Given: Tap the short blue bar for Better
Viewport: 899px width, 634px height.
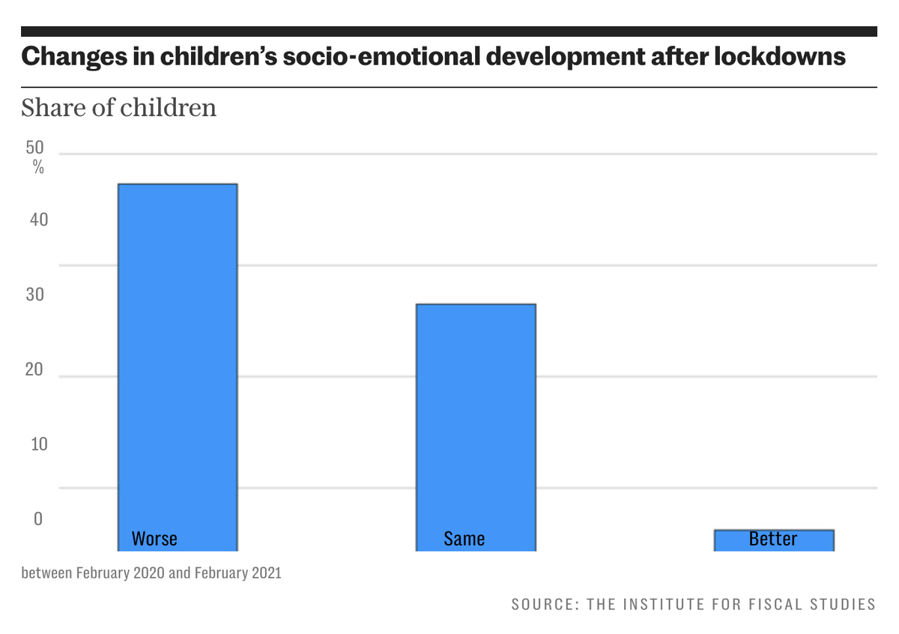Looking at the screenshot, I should click(x=773, y=540).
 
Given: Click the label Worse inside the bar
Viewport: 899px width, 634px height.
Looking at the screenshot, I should click(x=154, y=538).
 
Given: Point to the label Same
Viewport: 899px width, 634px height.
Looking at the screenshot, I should click(x=464, y=538).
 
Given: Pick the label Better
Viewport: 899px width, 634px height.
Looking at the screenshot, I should click(x=773, y=538).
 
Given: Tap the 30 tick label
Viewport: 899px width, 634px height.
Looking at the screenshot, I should click(x=36, y=295).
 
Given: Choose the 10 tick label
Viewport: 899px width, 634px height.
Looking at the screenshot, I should click(x=37, y=444).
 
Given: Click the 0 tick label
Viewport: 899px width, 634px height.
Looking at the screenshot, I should click(x=37, y=519).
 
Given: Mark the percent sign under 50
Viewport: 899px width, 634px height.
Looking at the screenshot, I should click(x=38, y=168).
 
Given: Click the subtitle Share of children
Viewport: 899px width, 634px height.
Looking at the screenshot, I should click(x=118, y=108).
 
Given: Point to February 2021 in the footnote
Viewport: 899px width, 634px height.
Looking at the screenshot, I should click(x=237, y=573).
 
